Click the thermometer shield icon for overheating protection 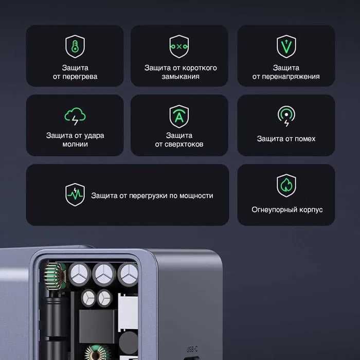(75, 46)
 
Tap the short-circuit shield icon (179, 46)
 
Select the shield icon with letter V (286, 46)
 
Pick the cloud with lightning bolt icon (75, 116)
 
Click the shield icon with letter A (179, 116)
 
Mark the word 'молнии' (75, 145)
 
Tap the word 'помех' (305, 139)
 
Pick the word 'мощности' (196, 195)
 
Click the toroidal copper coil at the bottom (96, 354)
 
